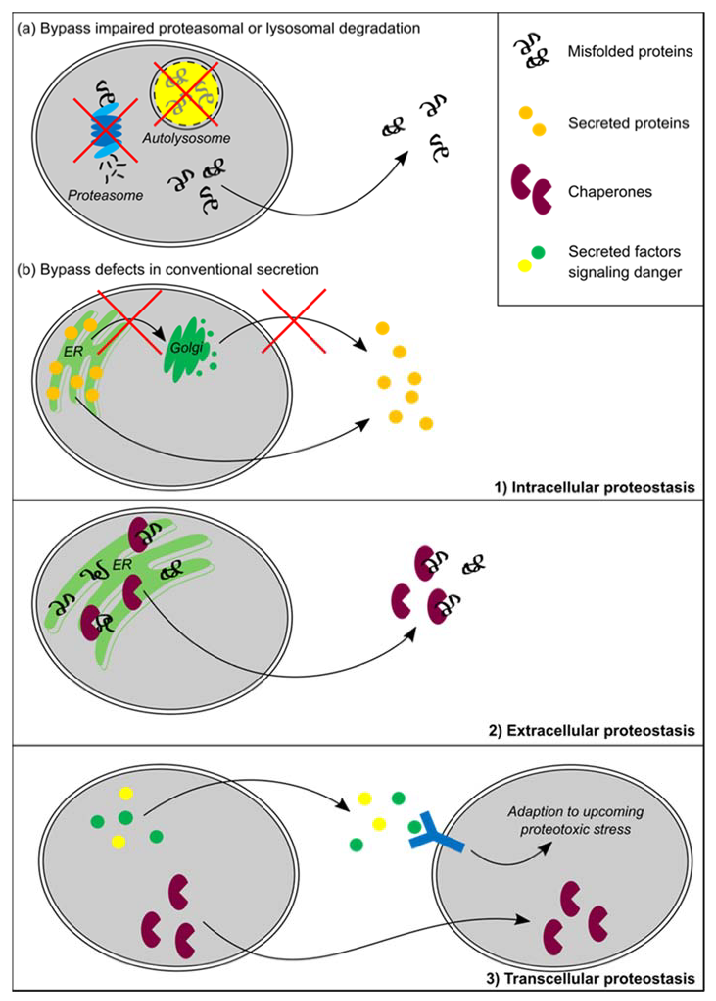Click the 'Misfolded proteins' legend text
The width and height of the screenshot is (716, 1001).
[x=630, y=52]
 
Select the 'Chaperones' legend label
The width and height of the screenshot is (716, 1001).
[x=610, y=192]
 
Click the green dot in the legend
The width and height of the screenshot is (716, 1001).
[x=538, y=252]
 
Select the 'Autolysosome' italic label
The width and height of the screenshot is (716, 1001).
[x=186, y=138]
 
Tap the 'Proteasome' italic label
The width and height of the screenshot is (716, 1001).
[x=105, y=195]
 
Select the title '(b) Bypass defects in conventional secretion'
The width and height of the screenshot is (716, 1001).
[x=167, y=270]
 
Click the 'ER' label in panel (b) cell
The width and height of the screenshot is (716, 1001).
[x=74, y=351]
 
